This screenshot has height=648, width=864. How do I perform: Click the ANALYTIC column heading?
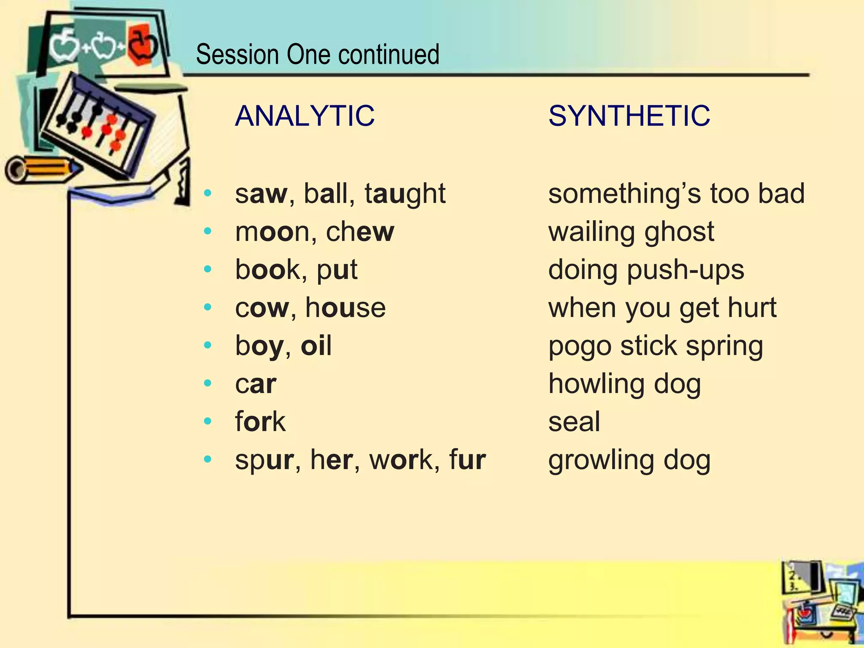click(305, 116)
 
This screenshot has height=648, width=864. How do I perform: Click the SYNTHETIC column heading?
click(629, 116)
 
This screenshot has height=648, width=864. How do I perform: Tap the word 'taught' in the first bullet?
click(405, 194)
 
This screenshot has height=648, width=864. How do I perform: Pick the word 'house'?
click(346, 308)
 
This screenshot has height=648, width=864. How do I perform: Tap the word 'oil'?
click(316, 346)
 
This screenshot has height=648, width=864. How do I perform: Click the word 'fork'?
click(260, 421)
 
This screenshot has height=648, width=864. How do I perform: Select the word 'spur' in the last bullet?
click(264, 460)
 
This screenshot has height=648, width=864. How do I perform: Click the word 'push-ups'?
click(686, 270)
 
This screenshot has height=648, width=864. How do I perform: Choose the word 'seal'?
click(574, 421)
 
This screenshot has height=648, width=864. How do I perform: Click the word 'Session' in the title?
click(237, 54)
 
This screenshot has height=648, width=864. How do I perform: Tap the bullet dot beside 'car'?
click(207, 383)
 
